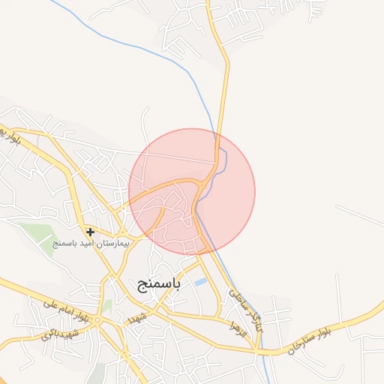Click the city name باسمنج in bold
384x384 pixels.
tap(160, 284)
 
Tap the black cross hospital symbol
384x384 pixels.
tap(90, 232)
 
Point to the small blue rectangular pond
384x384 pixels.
tap(201, 282)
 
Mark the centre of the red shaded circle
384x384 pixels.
tap(192, 191)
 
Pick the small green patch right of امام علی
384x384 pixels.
tap(107, 305)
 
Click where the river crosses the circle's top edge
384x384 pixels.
tap(215, 133)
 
